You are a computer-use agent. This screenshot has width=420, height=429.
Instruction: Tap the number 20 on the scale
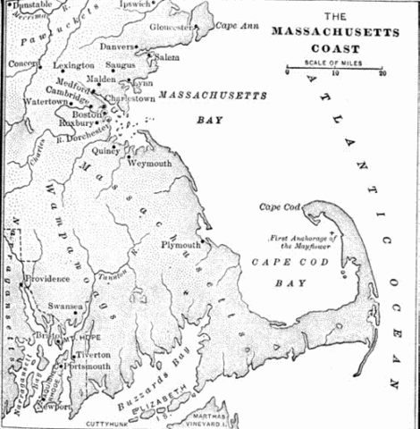(x=382, y=74)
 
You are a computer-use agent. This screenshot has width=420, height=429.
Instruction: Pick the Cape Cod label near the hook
(x=279, y=207)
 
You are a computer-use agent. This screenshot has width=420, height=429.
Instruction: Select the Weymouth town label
(x=157, y=164)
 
